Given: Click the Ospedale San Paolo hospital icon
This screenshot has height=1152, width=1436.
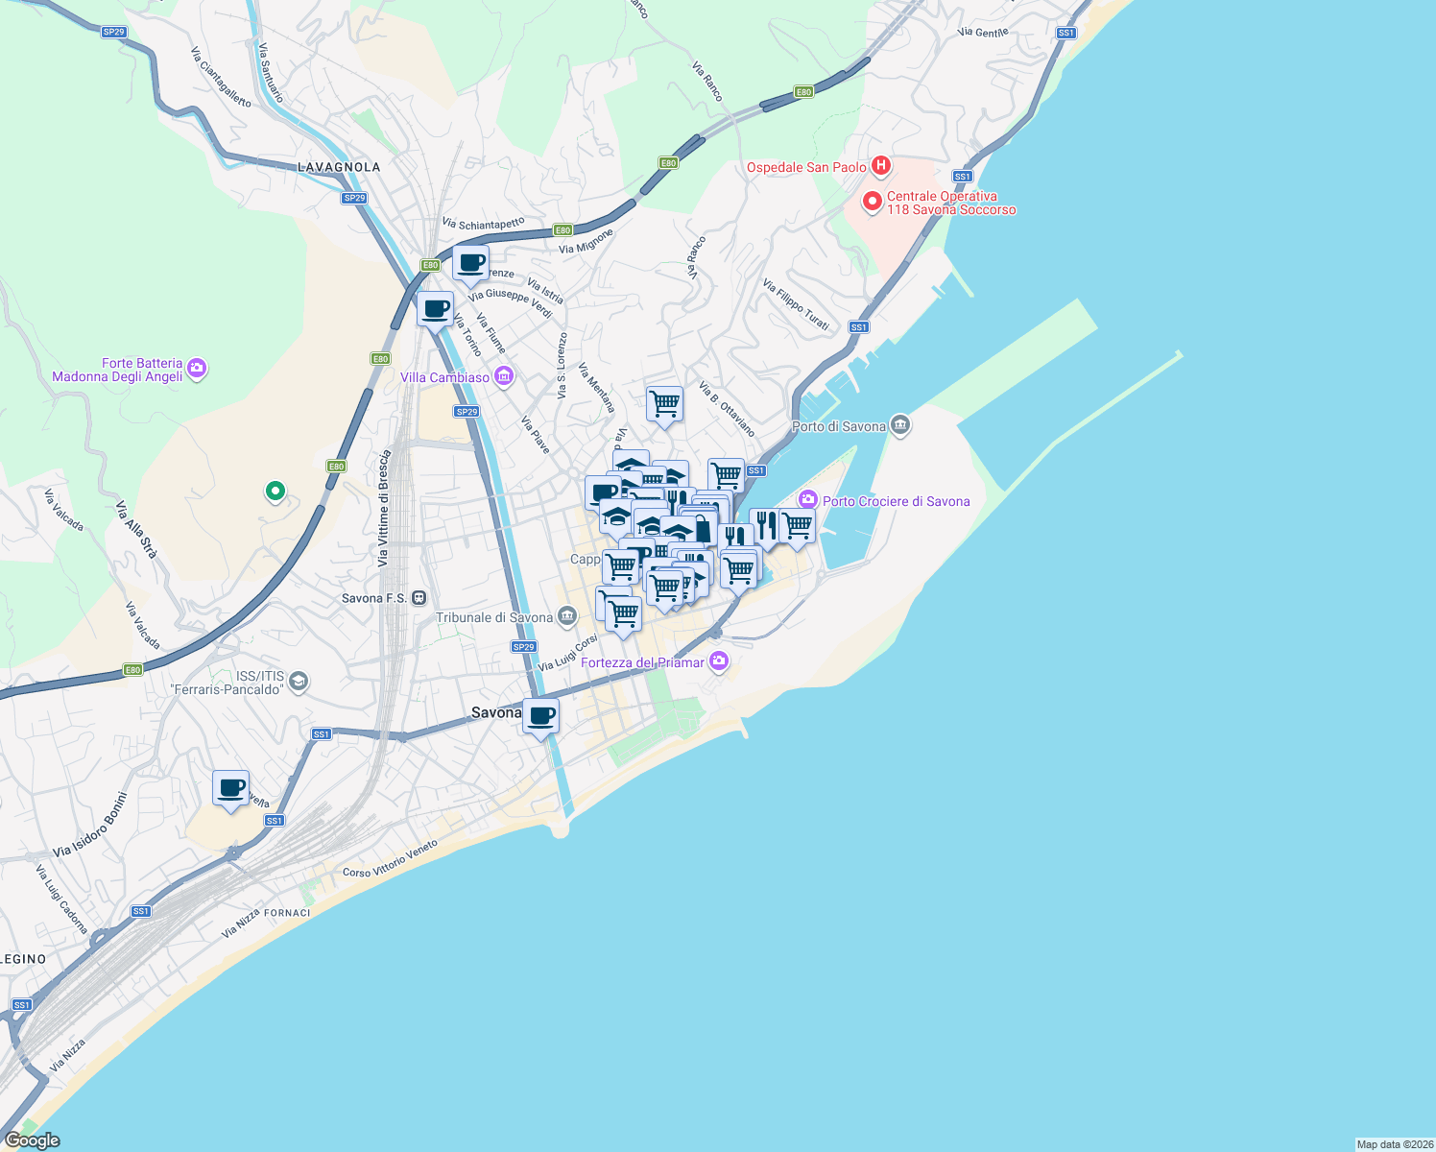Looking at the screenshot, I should [x=880, y=167].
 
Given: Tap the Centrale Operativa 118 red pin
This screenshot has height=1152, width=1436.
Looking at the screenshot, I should [x=873, y=203].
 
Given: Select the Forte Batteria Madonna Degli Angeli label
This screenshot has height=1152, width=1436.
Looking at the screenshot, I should [x=117, y=370].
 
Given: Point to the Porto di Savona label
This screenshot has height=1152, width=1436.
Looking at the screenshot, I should [x=838, y=426].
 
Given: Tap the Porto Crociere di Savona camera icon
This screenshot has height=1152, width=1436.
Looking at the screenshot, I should [x=807, y=499].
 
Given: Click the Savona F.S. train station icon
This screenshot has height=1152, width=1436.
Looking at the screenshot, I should [x=419, y=598].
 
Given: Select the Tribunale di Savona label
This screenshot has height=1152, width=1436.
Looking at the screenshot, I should [x=494, y=617].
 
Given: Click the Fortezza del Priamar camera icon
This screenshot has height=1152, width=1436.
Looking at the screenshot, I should [x=719, y=661].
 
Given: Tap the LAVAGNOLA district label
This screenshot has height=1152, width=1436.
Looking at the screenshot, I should [x=339, y=167].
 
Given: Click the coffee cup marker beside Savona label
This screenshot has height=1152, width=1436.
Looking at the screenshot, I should [x=541, y=716].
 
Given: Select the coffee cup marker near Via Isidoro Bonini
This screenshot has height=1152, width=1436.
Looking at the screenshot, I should [x=230, y=789].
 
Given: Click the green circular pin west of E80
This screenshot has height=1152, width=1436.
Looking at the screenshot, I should [x=275, y=492].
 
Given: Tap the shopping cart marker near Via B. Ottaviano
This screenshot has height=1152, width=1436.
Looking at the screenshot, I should [x=664, y=404].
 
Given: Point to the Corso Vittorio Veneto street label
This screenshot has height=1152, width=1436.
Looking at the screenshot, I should [x=390, y=859].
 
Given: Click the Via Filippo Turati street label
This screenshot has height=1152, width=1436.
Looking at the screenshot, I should [x=796, y=304].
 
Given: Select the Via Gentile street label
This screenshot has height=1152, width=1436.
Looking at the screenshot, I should [x=983, y=33].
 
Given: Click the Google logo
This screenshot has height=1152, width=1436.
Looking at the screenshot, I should [x=33, y=1140].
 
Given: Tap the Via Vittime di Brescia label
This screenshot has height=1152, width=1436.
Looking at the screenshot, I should [x=384, y=508].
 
